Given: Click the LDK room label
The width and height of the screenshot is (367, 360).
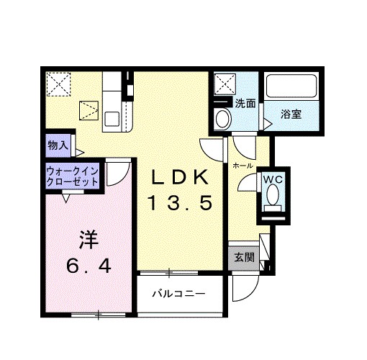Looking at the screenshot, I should point(182,177).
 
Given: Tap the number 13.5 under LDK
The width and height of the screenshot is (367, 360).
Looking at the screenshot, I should point(181,204).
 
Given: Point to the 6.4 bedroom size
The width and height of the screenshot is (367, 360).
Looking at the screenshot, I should point(87,267).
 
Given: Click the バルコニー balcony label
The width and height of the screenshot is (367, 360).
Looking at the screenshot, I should point(178,294).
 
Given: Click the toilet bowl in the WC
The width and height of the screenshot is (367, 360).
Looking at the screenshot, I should point(273,195).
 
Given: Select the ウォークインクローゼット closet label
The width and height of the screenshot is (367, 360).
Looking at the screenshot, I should point(73,177).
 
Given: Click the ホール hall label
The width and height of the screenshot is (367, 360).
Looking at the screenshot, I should point(242,165).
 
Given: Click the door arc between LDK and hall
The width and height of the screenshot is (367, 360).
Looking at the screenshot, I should point(212,150).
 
